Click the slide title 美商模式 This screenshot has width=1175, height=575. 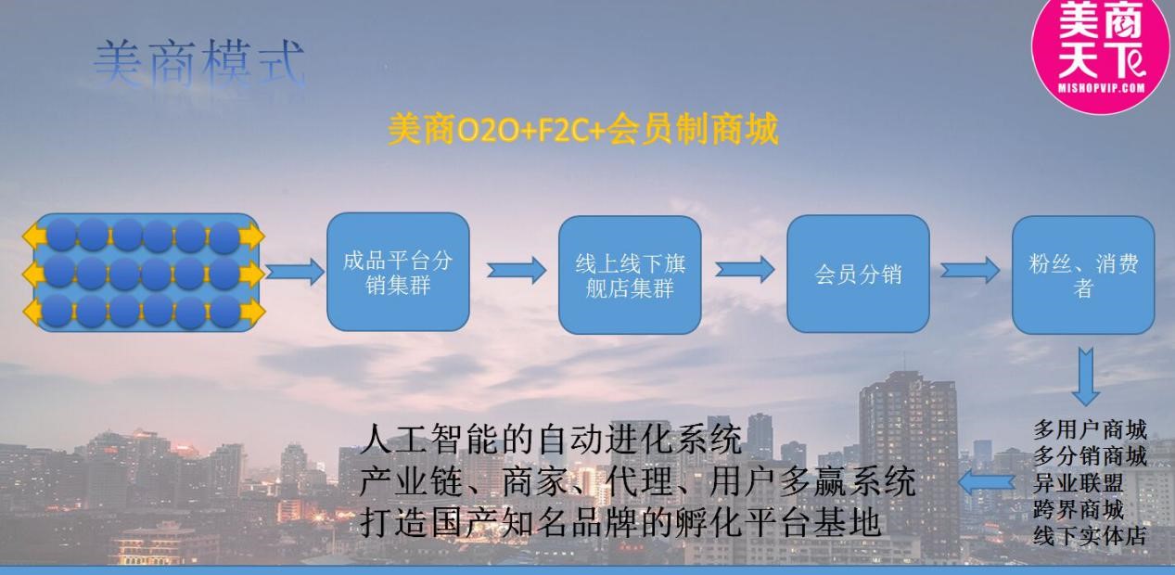coord(198,65)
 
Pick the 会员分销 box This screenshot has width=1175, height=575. coord(858,275)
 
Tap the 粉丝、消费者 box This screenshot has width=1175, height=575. coord(1082,275)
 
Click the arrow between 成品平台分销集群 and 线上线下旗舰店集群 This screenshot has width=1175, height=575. coord(516,270)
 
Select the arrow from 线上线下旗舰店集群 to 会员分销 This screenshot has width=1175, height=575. coord(745,270)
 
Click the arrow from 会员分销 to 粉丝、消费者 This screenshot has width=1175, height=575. coord(969,271)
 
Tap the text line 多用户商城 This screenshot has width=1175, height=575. coord(1090,430)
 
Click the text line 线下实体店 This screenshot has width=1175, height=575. coord(1090,535)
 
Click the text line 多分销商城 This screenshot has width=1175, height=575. coord(1090,456)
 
